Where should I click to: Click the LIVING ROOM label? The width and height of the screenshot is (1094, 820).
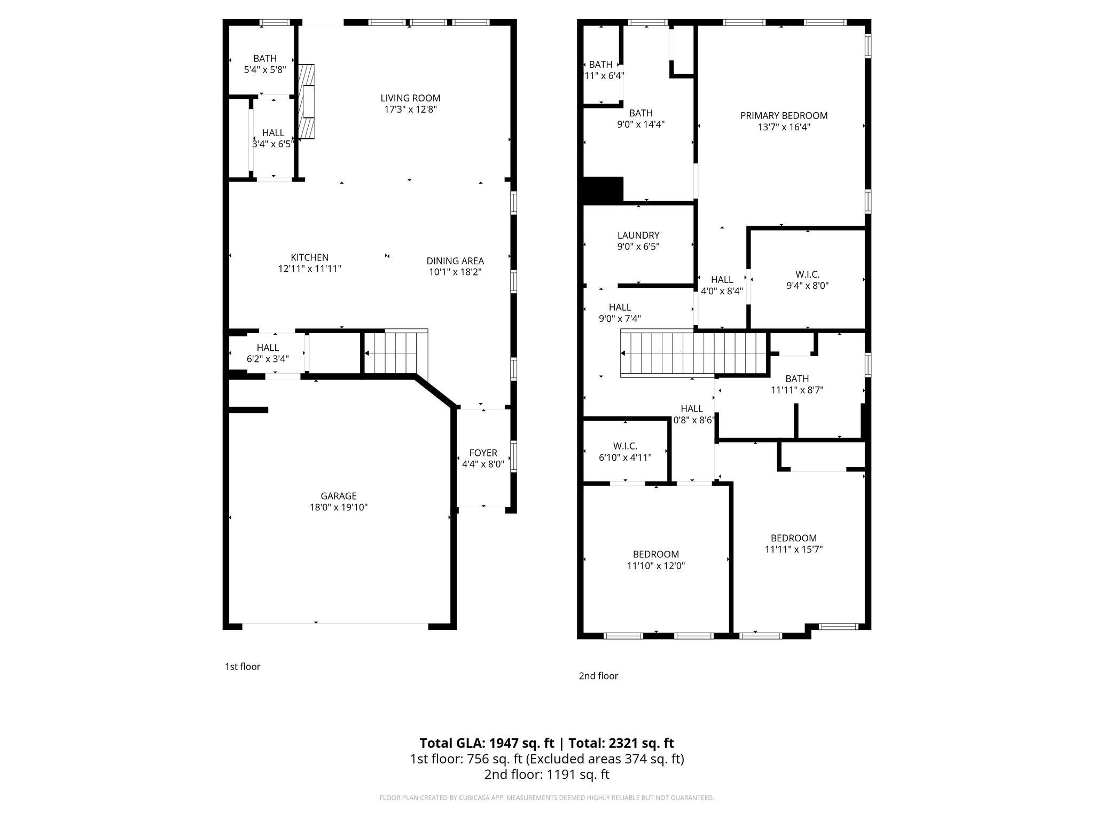tap(410, 98)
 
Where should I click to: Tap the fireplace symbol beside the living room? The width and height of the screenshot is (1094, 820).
tap(306, 102)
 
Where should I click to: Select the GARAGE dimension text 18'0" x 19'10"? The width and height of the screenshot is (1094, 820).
tap(339, 507)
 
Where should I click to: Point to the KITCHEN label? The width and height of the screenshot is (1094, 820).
tap(309, 257)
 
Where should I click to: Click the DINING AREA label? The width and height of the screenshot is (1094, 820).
tap(455, 261)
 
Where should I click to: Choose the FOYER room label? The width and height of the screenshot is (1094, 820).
tap(483, 453)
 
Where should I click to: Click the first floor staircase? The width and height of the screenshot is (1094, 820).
tap(395, 353)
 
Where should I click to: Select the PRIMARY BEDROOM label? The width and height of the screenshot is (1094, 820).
tap(784, 115)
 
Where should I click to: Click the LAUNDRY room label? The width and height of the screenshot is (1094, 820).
tap(638, 235)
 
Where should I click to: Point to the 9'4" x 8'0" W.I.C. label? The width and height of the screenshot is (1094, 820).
tap(807, 285)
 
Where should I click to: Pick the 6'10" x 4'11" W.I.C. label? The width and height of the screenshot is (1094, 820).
tap(625, 458)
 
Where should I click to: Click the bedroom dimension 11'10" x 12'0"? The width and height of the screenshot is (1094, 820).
tap(656, 566)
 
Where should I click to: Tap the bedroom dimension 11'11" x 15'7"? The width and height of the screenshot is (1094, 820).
tap(793, 549)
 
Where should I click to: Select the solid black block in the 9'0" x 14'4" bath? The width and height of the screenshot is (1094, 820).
tap(603, 190)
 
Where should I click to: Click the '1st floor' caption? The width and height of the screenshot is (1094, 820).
tap(243, 666)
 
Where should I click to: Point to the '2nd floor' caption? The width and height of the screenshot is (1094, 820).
tap(598, 676)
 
